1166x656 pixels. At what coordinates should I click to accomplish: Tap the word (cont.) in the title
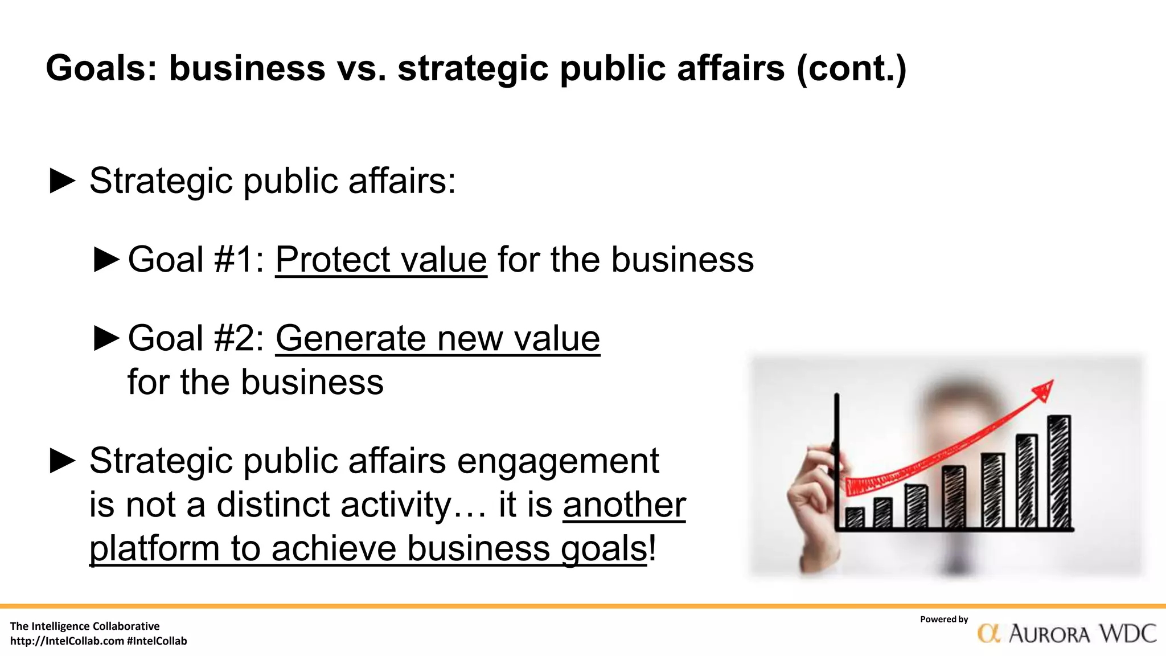click(851, 68)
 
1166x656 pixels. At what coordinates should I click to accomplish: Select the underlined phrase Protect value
click(381, 260)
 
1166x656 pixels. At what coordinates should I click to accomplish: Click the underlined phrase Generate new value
click(437, 338)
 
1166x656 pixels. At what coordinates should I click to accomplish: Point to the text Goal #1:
click(196, 260)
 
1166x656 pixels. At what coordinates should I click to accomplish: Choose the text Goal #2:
click(196, 338)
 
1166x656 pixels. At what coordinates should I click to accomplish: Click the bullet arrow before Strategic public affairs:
click(63, 181)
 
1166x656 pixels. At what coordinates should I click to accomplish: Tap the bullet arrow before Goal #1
click(106, 260)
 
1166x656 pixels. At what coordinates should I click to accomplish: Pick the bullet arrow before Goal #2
click(106, 338)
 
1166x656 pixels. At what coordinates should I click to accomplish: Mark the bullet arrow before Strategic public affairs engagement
click(63, 461)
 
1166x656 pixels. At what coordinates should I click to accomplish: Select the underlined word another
click(624, 505)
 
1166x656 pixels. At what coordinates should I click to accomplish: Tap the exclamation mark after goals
click(652, 548)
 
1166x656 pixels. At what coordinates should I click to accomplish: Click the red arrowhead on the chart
click(1045, 391)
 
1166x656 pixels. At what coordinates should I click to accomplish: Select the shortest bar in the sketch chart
click(854, 518)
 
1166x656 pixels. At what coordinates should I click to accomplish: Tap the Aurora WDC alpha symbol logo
click(989, 633)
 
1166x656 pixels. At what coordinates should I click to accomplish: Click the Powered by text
click(943, 620)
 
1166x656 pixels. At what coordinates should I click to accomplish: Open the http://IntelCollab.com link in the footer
click(67, 641)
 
